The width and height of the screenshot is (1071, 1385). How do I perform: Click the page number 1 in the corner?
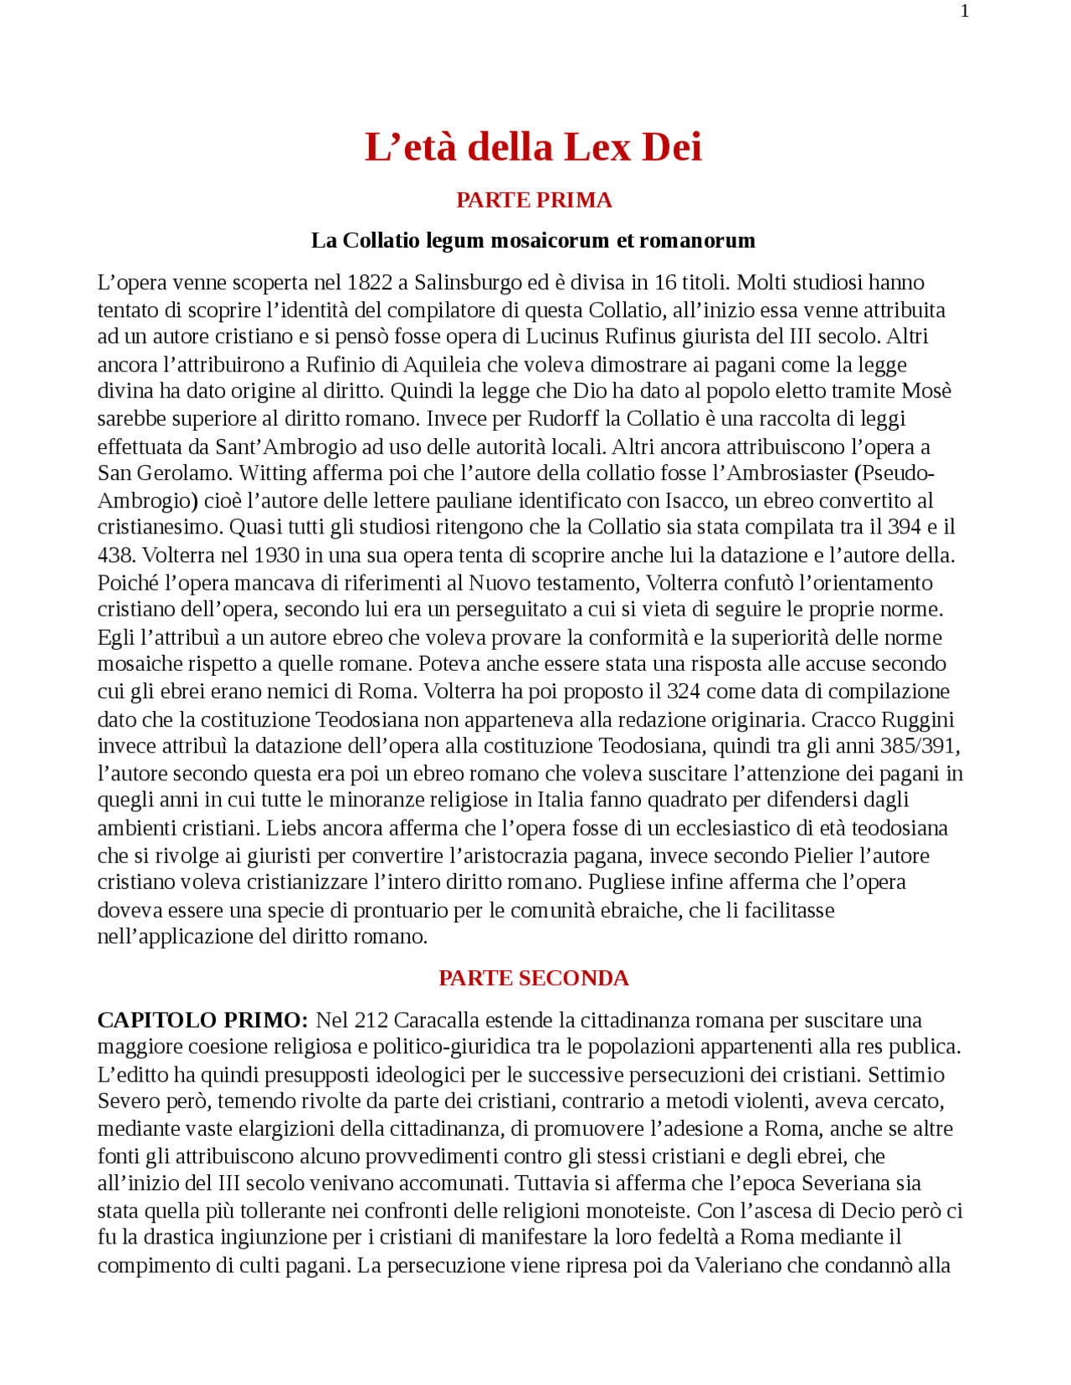[965, 12]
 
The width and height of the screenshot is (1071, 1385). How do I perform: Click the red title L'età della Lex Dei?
[533, 147]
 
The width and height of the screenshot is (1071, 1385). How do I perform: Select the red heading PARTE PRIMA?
[534, 200]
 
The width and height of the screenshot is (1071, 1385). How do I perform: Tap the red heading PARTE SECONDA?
[534, 978]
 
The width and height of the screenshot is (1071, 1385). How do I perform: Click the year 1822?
[369, 283]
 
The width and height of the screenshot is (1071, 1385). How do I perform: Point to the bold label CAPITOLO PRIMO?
[203, 1020]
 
